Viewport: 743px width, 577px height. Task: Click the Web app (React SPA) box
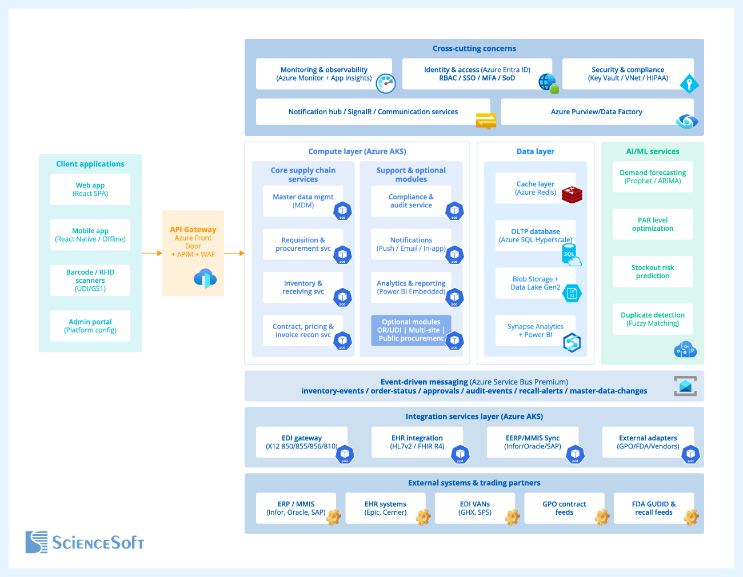click(90, 189)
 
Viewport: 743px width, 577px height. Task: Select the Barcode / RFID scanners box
click(90, 281)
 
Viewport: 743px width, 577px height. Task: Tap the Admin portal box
click(90, 326)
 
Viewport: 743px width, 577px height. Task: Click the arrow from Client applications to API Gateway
click(152, 253)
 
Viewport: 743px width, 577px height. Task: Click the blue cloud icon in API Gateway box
click(205, 278)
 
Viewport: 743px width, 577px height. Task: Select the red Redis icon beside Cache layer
click(572, 195)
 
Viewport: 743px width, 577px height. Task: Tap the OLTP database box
click(535, 235)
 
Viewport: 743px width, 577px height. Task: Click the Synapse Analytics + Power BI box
click(535, 330)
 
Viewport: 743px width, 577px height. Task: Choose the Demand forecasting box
click(653, 177)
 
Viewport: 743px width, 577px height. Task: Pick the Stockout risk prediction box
click(653, 271)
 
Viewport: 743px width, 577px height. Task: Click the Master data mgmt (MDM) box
click(303, 201)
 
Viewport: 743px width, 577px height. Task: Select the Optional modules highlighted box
click(411, 330)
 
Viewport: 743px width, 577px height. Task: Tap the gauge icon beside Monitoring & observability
click(386, 83)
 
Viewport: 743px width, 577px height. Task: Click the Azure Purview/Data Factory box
click(597, 112)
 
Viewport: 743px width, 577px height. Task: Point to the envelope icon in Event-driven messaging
click(685, 386)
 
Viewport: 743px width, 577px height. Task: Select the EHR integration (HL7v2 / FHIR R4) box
click(417, 442)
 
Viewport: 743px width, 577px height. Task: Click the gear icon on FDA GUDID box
click(692, 517)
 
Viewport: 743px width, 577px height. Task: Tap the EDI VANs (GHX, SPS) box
click(475, 508)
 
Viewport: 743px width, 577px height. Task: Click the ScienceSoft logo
click(85, 542)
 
